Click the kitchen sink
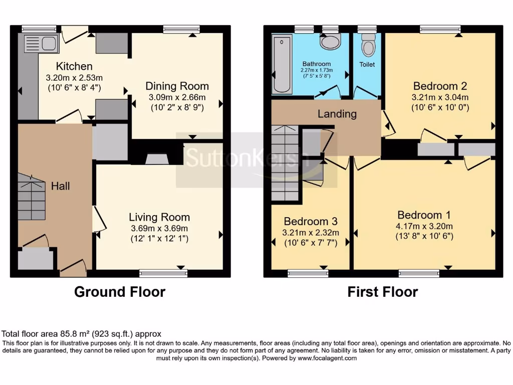tap(41, 44)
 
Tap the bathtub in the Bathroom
tap(283, 64)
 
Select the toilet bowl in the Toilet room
tap(368, 46)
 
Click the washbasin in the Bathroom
tap(330, 42)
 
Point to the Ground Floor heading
tap(120, 291)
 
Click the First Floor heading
tap(383, 292)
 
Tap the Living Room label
tap(159, 217)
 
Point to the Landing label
tap(337, 114)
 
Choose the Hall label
tap(60, 186)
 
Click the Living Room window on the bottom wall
tap(163, 273)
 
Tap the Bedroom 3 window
tap(308, 273)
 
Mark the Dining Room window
tap(181, 29)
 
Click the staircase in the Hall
tap(32, 197)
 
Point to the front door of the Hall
tap(73, 269)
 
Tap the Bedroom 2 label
tap(435, 85)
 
